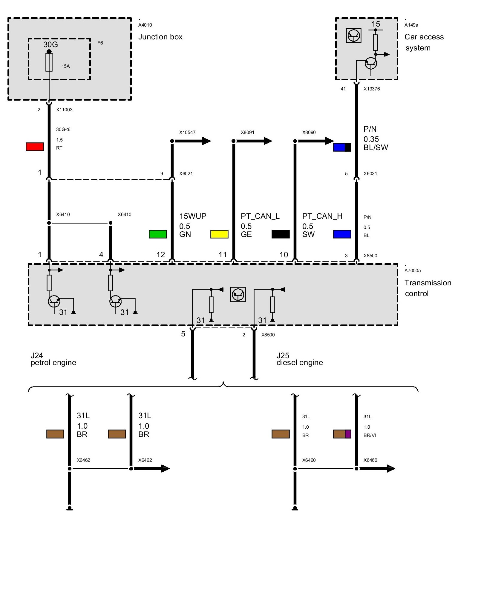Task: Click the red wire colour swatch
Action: coord(35,147)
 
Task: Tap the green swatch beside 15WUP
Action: coord(158,234)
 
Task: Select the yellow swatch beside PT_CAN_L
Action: coord(219,234)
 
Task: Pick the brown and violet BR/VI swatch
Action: coord(342,434)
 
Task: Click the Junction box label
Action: coord(160,37)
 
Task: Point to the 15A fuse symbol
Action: coord(49,62)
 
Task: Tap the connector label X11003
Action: coord(64,110)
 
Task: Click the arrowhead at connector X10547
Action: coord(206,141)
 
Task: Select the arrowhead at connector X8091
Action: coord(268,141)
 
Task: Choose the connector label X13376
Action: coord(372,89)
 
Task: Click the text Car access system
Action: coord(424,42)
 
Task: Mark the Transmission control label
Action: coord(428,288)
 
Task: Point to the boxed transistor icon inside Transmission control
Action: coord(238,294)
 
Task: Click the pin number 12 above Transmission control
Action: coord(161,255)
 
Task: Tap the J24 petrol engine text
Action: coord(53,359)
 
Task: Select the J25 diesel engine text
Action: coord(299,359)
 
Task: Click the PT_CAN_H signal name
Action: coord(322,216)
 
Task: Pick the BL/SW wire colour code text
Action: coord(376,147)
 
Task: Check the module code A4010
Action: coord(145,25)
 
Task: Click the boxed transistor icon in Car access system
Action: coord(353,36)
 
